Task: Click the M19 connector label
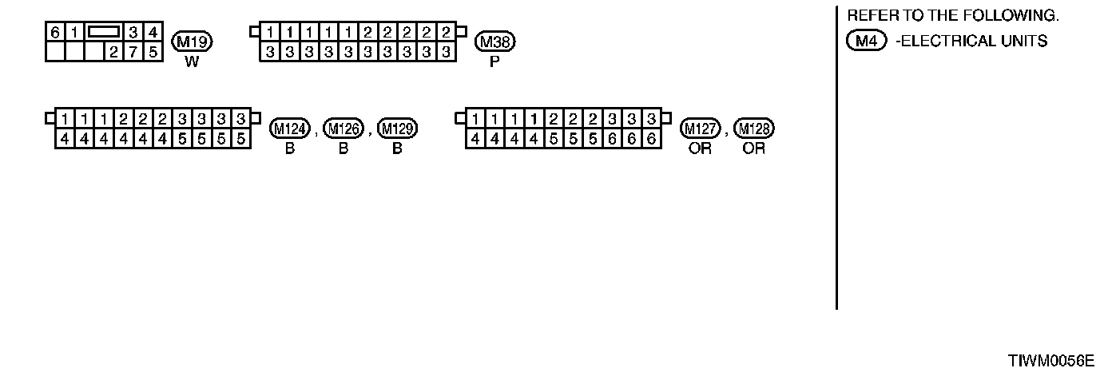click(x=192, y=42)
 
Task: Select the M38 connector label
click(x=495, y=42)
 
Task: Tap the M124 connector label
click(x=290, y=129)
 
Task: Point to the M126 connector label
click(x=344, y=129)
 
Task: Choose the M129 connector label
click(x=397, y=129)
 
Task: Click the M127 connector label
click(x=700, y=129)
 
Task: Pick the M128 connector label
click(x=753, y=129)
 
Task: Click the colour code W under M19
click(x=192, y=61)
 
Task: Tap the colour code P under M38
click(x=494, y=61)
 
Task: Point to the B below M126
click(x=344, y=148)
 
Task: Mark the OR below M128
click(x=753, y=148)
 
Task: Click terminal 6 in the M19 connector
click(x=54, y=33)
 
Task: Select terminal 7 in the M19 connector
click(x=134, y=52)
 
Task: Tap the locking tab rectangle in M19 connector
click(x=104, y=32)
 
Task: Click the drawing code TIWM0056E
click(x=1050, y=361)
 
